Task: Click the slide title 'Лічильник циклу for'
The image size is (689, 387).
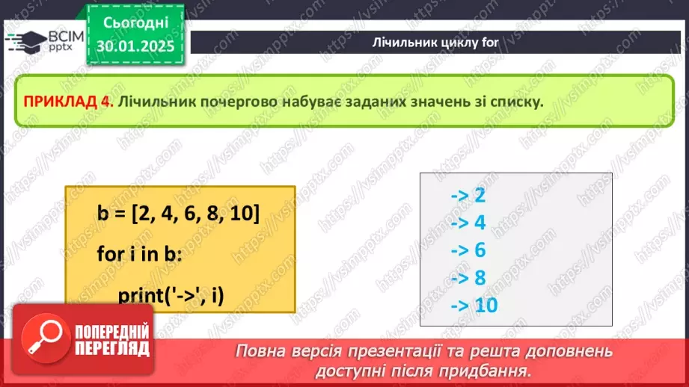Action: tap(435, 42)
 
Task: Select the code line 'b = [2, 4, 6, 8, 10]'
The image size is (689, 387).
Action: tap(178, 214)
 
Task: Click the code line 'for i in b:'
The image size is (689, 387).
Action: tap(139, 254)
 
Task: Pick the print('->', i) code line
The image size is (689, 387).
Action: tap(171, 295)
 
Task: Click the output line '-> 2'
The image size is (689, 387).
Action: tap(468, 196)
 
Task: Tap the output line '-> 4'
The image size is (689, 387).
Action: tap(468, 223)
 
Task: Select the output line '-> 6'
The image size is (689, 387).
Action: tap(468, 250)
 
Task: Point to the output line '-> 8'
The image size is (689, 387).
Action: tap(468, 278)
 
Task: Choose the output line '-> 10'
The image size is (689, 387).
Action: tap(474, 306)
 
